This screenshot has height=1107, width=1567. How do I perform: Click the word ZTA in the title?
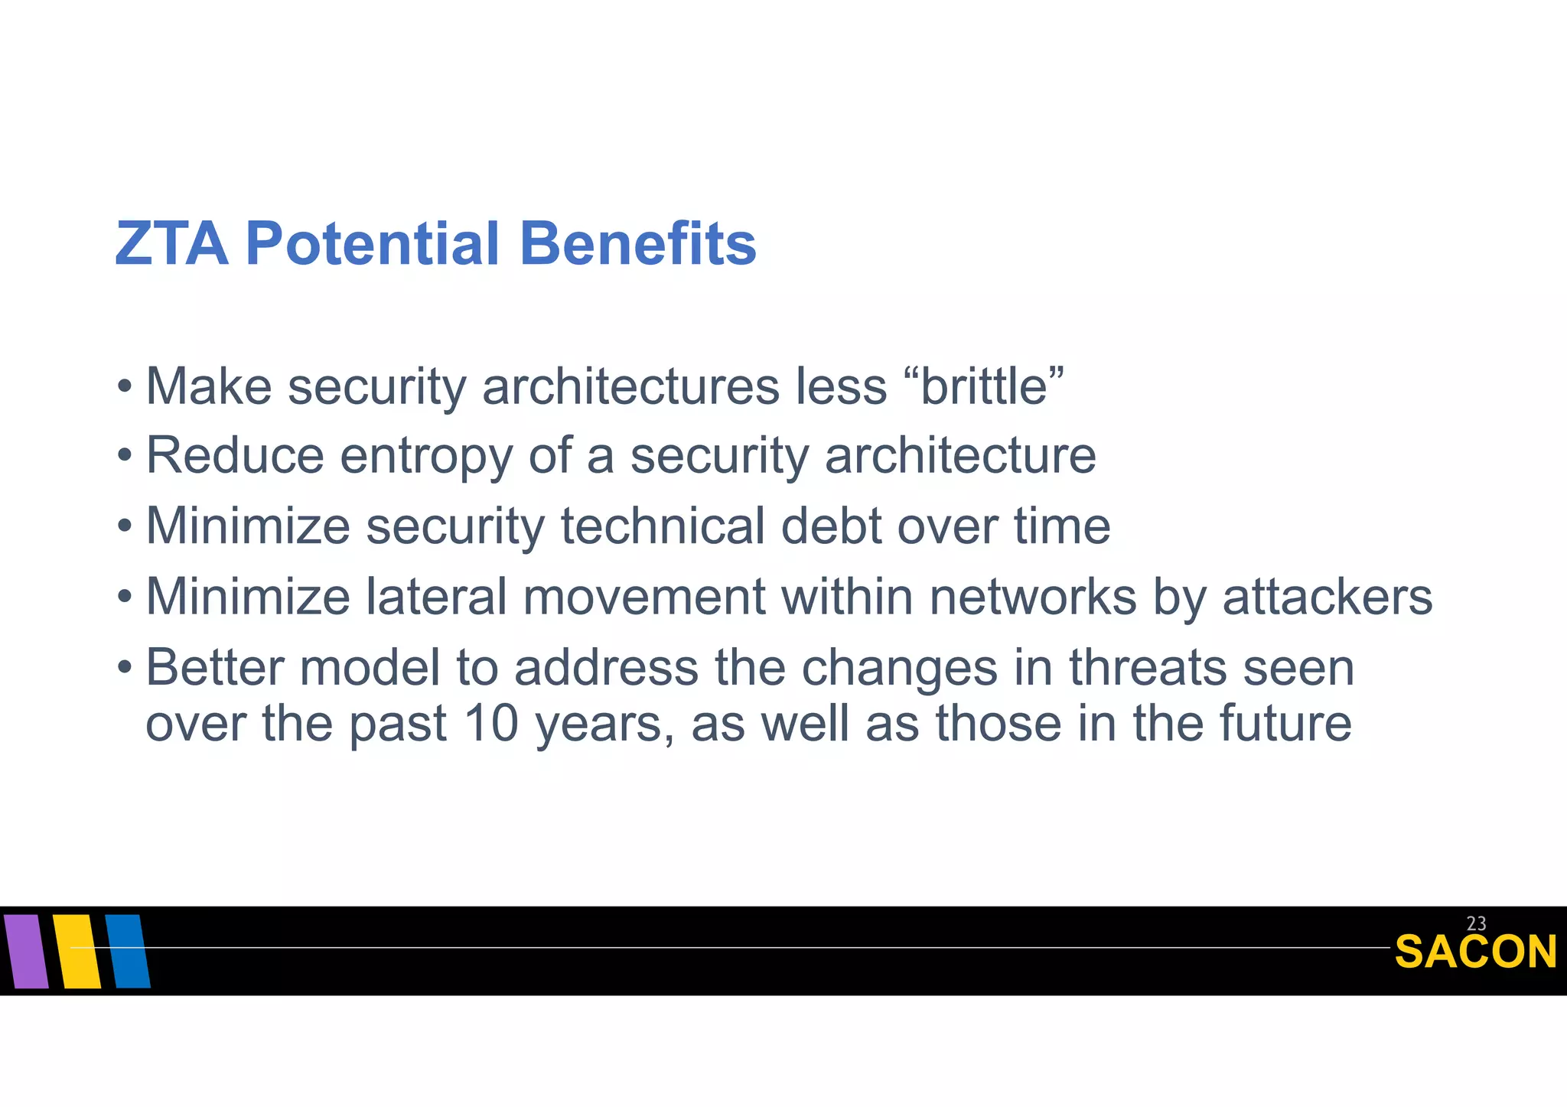171,244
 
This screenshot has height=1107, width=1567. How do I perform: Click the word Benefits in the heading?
637,244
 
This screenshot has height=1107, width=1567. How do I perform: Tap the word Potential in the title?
372,244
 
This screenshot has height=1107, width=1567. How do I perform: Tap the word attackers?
1327,597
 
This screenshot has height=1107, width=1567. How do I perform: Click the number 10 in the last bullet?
491,724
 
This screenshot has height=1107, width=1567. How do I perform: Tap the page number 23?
1476,923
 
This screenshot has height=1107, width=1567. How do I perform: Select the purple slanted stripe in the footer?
25,951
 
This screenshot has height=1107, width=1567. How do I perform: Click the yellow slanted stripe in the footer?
77,951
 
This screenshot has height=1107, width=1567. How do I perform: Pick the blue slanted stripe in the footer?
128,951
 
